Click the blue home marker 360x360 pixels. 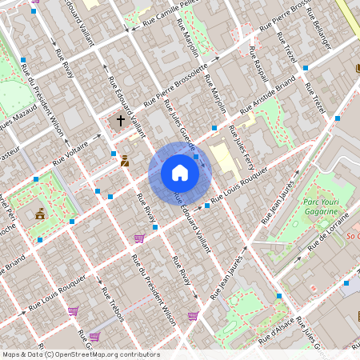click(x=180, y=173)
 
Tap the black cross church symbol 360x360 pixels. click(x=121, y=121)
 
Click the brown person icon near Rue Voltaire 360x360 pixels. click(x=125, y=160)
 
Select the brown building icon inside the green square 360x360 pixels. click(x=40, y=214)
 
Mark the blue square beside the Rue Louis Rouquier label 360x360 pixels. click(x=207, y=206)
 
